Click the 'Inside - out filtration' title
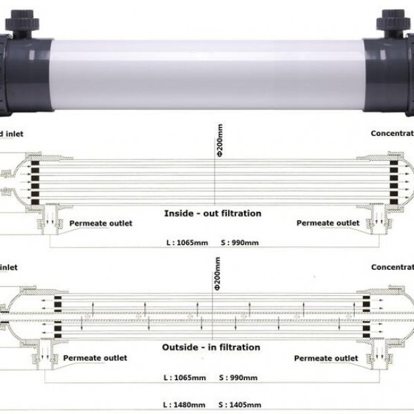click(213, 213)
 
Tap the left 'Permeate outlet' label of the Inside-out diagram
click(101, 223)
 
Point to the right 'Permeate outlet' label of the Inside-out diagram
click(328, 223)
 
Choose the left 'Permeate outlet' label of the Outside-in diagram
click(95, 358)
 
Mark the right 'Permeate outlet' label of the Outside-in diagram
click(326, 358)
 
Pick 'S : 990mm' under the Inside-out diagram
click(228, 244)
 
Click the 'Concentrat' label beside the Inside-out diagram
click(392, 132)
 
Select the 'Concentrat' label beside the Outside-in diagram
click(392, 267)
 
